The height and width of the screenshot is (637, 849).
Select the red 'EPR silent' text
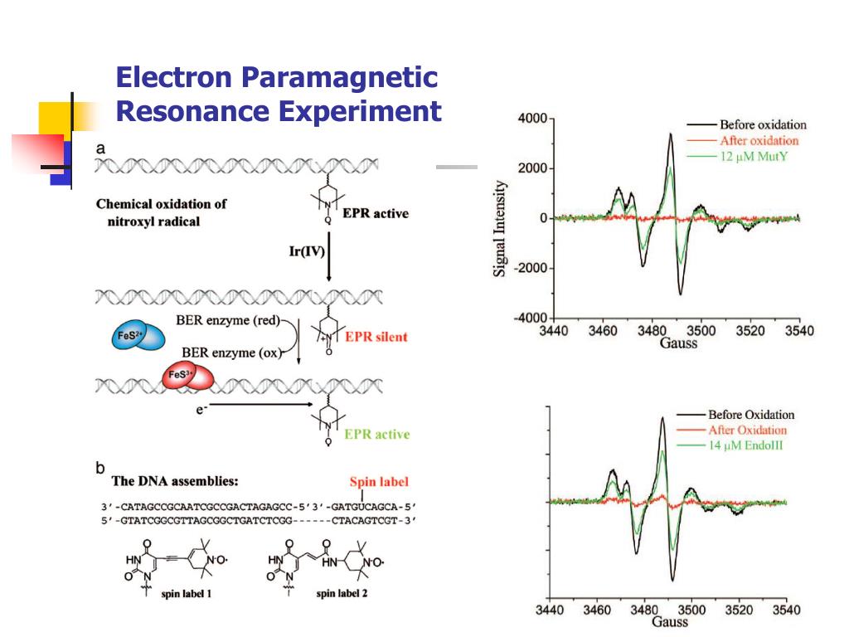(x=376, y=338)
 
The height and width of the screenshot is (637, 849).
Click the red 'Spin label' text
(x=379, y=481)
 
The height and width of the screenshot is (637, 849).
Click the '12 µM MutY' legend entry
(x=751, y=156)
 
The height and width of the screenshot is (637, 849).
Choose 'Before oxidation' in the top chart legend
(x=762, y=124)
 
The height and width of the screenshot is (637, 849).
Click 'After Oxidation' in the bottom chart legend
(x=747, y=430)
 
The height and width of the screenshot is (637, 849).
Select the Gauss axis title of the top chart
(x=678, y=343)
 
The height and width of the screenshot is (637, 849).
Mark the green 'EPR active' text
(x=376, y=434)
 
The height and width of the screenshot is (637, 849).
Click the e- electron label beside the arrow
(x=201, y=409)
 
